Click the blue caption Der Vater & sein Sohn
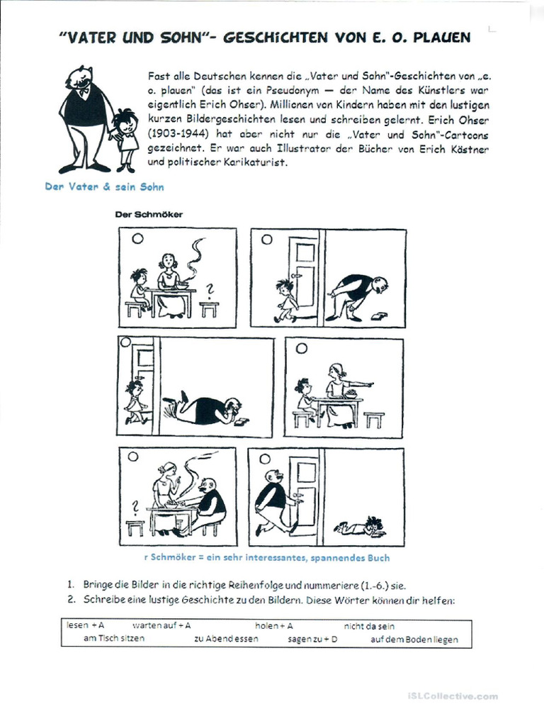tap(105, 186)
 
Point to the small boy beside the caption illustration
tap(125, 139)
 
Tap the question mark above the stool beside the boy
tap(208, 288)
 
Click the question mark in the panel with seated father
tap(133, 507)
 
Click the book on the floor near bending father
tap(381, 315)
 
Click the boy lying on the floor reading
tap(361, 527)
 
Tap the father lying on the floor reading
tap(205, 411)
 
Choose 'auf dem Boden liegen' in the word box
tap(414, 639)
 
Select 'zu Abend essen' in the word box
tap(226, 639)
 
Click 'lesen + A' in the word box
tap(86, 626)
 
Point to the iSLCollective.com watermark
tap(453, 696)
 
